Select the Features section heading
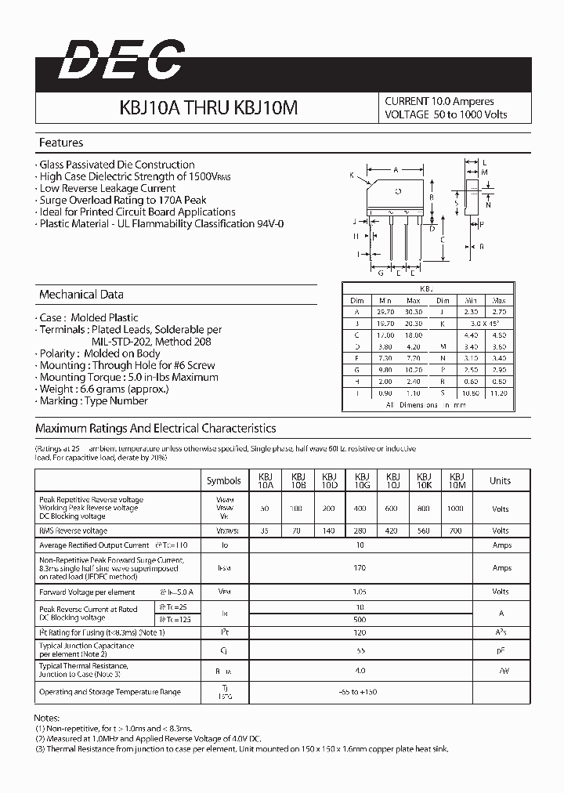[x=61, y=143]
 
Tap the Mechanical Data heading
[x=81, y=295]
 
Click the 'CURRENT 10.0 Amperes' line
[x=439, y=101]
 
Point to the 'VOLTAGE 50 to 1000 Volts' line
[x=446, y=114]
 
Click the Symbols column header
[x=224, y=480]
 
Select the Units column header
[x=500, y=480]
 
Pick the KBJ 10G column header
[x=362, y=480]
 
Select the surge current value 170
[x=360, y=568]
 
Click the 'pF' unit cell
[x=500, y=650]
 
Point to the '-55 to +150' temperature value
[x=360, y=692]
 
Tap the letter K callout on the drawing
[x=352, y=176]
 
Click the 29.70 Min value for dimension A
[x=385, y=311]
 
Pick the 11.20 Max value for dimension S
[x=498, y=393]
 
